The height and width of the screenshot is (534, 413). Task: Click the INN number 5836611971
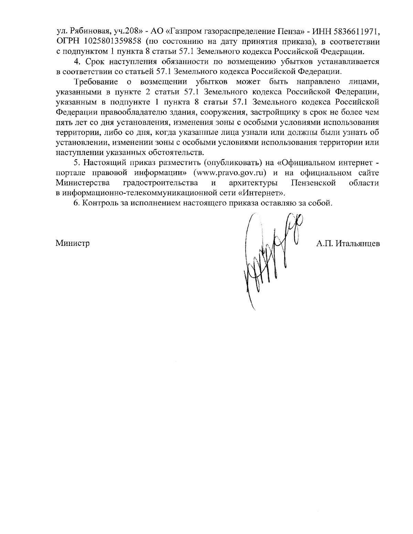(x=356, y=32)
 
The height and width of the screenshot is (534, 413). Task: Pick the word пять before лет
(x=63, y=122)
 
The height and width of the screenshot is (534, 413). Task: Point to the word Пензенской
(x=313, y=183)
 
